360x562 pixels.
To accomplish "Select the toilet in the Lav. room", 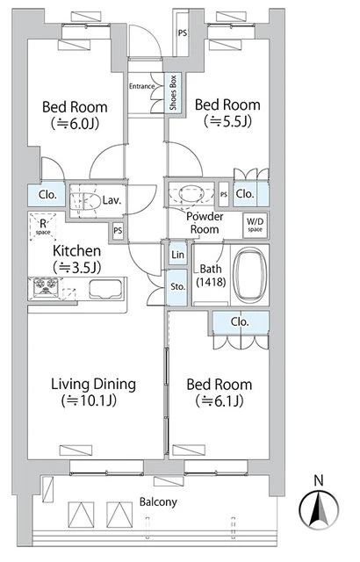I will pyautogui.click(x=83, y=198).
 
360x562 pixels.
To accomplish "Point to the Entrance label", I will pyautogui.click(x=143, y=86).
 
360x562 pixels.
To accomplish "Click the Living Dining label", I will pyautogui.click(x=92, y=384).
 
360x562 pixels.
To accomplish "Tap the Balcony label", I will pyautogui.click(x=157, y=503).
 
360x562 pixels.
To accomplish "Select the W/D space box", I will pyautogui.click(x=255, y=224).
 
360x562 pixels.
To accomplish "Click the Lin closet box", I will pyautogui.click(x=177, y=256).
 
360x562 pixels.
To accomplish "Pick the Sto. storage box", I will pyautogui.click(x=176, y=286).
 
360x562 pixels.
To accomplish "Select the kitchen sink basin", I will pyautogui.click(x=104, y=286).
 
